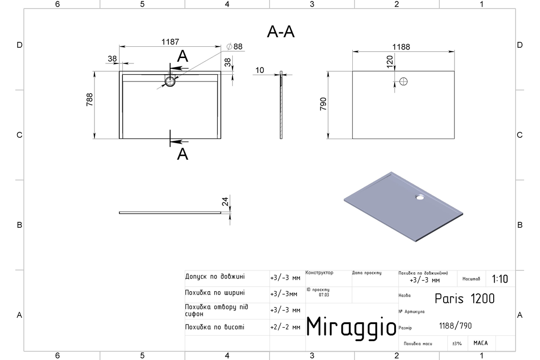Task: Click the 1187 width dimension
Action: pyautogui.click(x=170, y=42)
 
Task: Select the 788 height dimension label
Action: pyautogui.click(x=90, y=99)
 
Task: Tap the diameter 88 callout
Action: pyautogui.click(x=234, y=46)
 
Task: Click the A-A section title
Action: pyautogui.click(x=281, y=31)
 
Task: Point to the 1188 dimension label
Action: pyautogui.click(x=401, y=47)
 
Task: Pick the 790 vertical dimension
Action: pyautogui.click(x=323, y=104)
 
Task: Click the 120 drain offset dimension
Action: pyautogui.click(x=390, y=62)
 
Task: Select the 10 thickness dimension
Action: pyautogui.click(x=260, y=70)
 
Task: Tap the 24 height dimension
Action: pyautogui.click(x=225, y=202)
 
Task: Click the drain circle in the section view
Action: pyautogui.click(x=170, y=81)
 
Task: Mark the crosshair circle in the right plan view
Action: pyautogui.click(x=403, y=81)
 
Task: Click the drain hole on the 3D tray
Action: pyautogui.click(x=420, y=197)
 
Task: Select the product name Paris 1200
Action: pyautogui.click(x=464, y=299)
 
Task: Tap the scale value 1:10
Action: pyautogui.click(x=500, y=279)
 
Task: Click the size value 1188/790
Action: pyautogui.click(x=455, y=326)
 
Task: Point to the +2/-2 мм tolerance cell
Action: pyautogui.click(x=285, y=328)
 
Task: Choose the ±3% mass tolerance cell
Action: pyautogui.click(x=457, y=344)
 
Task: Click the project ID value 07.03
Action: pyautogui.click(x=324, y=295)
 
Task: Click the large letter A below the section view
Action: pyautogui.click(x=183, y=154)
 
